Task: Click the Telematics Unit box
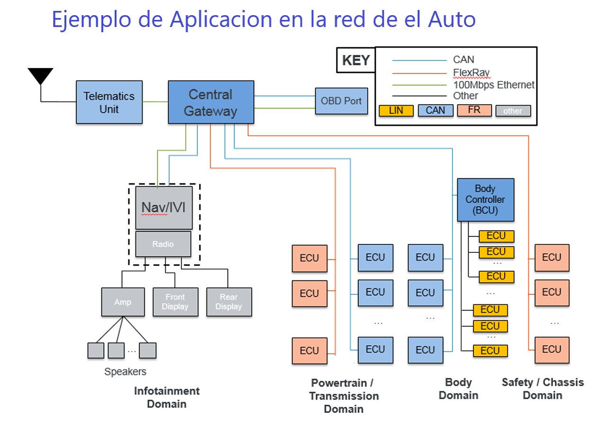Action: [109, 102]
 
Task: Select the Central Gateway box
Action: [211, 102]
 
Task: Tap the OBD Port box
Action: [342, 101]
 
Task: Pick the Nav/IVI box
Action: [164, 208]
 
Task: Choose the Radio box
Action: [163, 244]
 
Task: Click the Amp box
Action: [123, 302]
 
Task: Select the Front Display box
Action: [175, 302]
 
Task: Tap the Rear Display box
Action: [229, 302]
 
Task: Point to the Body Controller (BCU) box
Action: [486, 200]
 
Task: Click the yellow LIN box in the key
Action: [396, 110]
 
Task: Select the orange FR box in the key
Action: [474, 110]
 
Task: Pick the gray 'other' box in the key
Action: [513, 111]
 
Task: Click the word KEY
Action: [356, 60]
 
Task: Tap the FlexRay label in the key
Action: [471, 72]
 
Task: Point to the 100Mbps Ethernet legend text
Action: [494, 85]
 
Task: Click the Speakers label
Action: [125, 372]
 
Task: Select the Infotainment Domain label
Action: [167, 397]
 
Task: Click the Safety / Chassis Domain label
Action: [543, 389]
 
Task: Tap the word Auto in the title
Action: [452, 19]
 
